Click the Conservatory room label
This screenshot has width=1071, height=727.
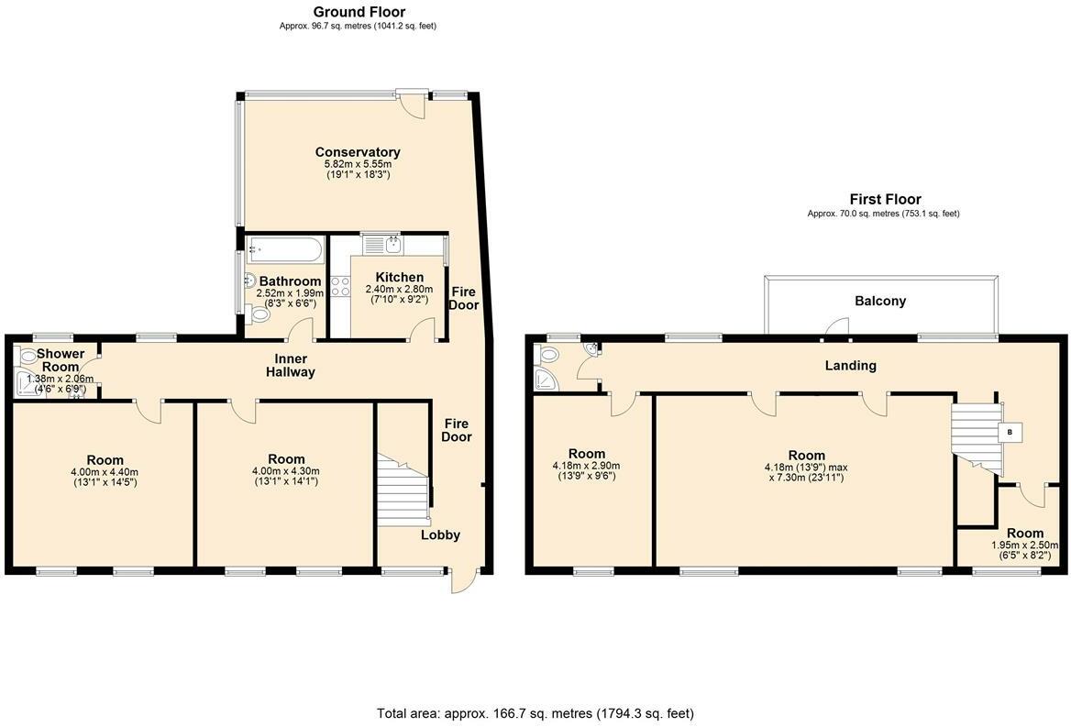coord(358,152)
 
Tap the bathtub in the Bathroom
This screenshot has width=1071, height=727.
coord(283,248)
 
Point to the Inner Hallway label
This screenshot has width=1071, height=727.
coord(291,365)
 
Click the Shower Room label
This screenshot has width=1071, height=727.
coord(61,359)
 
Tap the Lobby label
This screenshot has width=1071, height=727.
coord(440,535)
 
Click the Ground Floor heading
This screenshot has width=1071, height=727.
coord(359,12)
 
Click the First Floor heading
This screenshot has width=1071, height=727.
coord(884,199)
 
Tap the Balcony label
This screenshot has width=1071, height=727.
coord(879,301)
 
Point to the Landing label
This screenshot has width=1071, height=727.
coord(850,366)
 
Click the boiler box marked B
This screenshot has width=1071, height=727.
coord(1010,432)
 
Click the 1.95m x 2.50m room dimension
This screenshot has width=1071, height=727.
coord(1024,545)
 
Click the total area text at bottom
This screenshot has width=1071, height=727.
coord(535,712)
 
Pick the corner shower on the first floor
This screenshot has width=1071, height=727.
coord(546,380)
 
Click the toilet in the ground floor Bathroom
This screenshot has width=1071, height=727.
coord(259,314)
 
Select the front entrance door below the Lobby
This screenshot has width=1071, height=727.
coord(466,579)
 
